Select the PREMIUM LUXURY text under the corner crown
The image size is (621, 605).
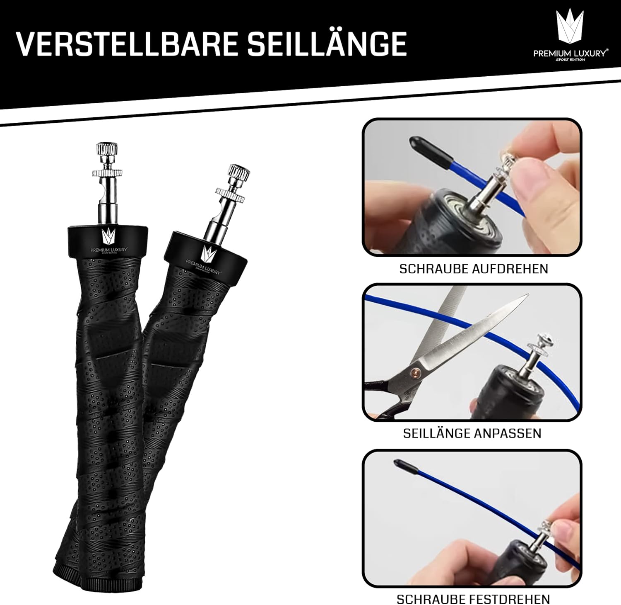[x=571, y=53]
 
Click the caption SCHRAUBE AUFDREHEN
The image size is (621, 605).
[x=474, y=269]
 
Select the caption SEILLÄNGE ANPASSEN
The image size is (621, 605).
[x=472, y=433]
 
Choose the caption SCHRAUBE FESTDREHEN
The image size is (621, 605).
[x=473, y=599]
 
